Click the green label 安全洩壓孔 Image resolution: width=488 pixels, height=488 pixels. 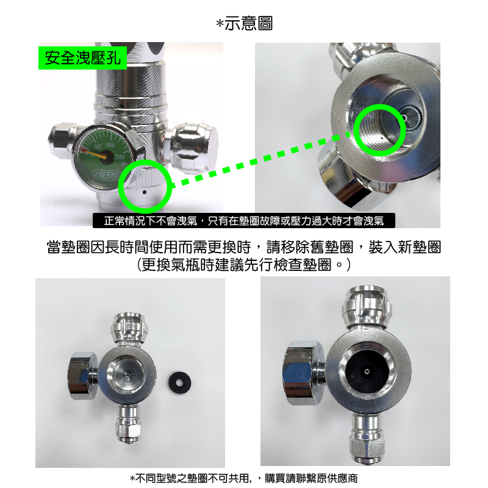pos(82,58)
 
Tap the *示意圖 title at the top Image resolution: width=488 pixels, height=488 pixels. pos(245,23)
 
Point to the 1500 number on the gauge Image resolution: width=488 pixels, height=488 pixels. pos(120,157)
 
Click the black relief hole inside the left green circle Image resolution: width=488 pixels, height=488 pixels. pos(144,192)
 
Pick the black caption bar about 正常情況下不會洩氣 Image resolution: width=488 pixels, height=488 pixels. pos(244,221)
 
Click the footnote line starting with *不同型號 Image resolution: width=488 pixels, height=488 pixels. pos(244,478)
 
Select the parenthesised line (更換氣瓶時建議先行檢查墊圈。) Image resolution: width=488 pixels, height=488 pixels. pos(244,265)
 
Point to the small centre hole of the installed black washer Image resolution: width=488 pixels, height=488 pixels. pos(367,371)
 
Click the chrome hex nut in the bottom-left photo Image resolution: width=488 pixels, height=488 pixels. pos(82,376)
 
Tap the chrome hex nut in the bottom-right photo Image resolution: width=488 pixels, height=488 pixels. pos(303,372)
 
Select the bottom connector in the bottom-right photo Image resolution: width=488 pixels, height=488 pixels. pos(367,438)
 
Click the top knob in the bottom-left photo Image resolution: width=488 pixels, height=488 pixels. pos(129,328)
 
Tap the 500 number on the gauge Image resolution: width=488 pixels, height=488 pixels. pos(98,146)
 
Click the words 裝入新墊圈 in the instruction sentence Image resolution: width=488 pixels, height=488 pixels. pos(405,248)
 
